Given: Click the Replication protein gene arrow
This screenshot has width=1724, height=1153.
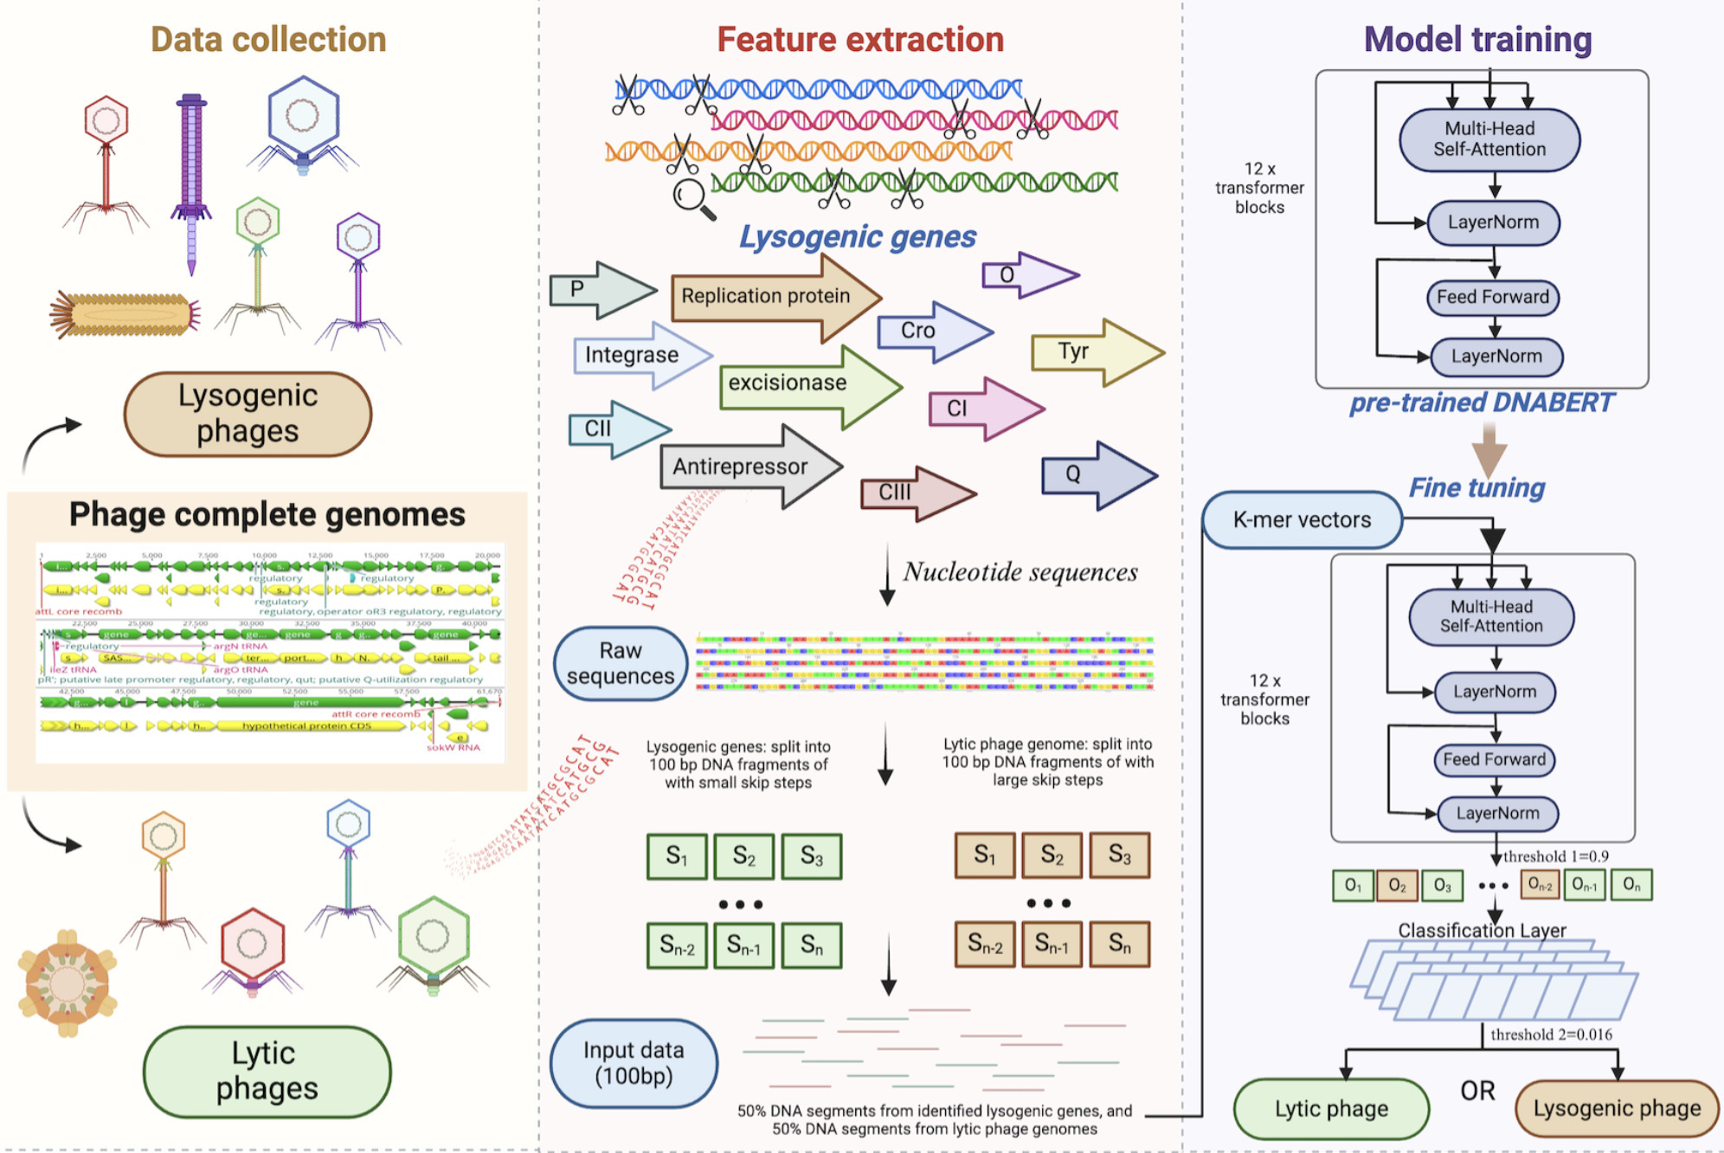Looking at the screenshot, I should pos(766,296).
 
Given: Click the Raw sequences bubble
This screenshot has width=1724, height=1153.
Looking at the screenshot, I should pos(620,663).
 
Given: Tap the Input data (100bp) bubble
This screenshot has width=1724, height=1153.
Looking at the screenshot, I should pos(634,1063).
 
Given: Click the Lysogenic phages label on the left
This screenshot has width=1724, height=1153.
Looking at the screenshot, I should pos(248,414).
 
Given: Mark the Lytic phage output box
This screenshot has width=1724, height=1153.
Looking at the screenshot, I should pos(1330,1108).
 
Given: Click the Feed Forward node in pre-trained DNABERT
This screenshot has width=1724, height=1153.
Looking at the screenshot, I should pos(1492,297).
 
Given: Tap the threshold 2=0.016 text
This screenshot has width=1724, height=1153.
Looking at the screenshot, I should pos(1550,1034).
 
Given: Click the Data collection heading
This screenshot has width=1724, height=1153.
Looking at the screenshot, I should pos(268,40).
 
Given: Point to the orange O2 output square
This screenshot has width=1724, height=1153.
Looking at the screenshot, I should pos(1396,885).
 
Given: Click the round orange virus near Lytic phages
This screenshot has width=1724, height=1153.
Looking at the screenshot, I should pos(68,983).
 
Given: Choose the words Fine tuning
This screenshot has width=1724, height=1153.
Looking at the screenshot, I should pos(1476,487).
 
